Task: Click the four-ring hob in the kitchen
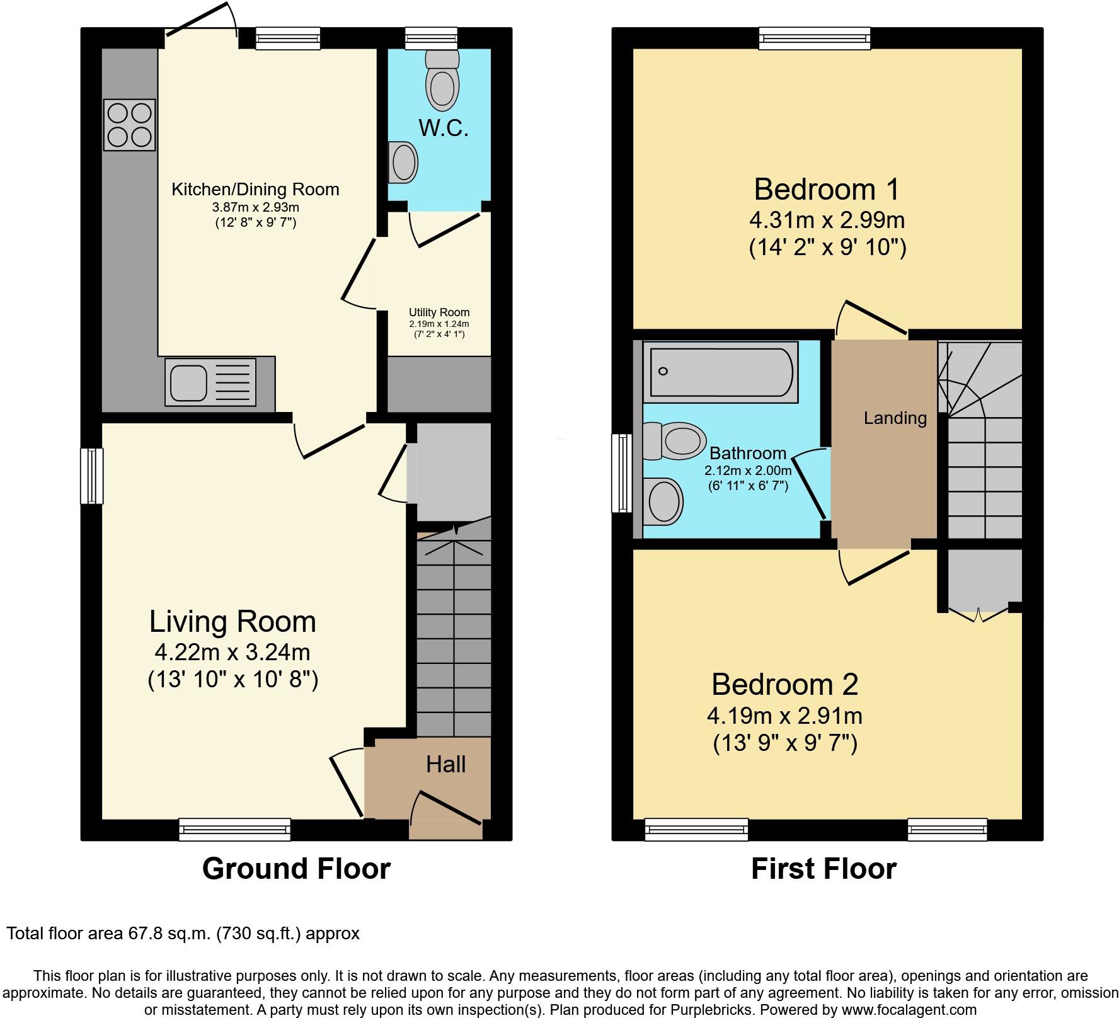coord(129,125)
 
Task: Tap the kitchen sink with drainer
coord(210,381)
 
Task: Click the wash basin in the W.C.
coord(403,162)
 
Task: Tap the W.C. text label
coord(444,129)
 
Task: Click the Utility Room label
coord(439,312)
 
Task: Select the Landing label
coord(895,418)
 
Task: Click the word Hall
coord(445,764)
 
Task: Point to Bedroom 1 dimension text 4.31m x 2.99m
coord(827,220)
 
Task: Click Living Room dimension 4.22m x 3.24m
coord(232,651)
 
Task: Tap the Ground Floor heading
coord(296,869)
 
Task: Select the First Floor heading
coord(823,869)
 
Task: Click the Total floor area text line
coord(183,933)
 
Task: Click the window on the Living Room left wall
coord(92,476)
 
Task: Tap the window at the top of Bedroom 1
coord(815,38)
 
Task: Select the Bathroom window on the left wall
coord(623,473)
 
